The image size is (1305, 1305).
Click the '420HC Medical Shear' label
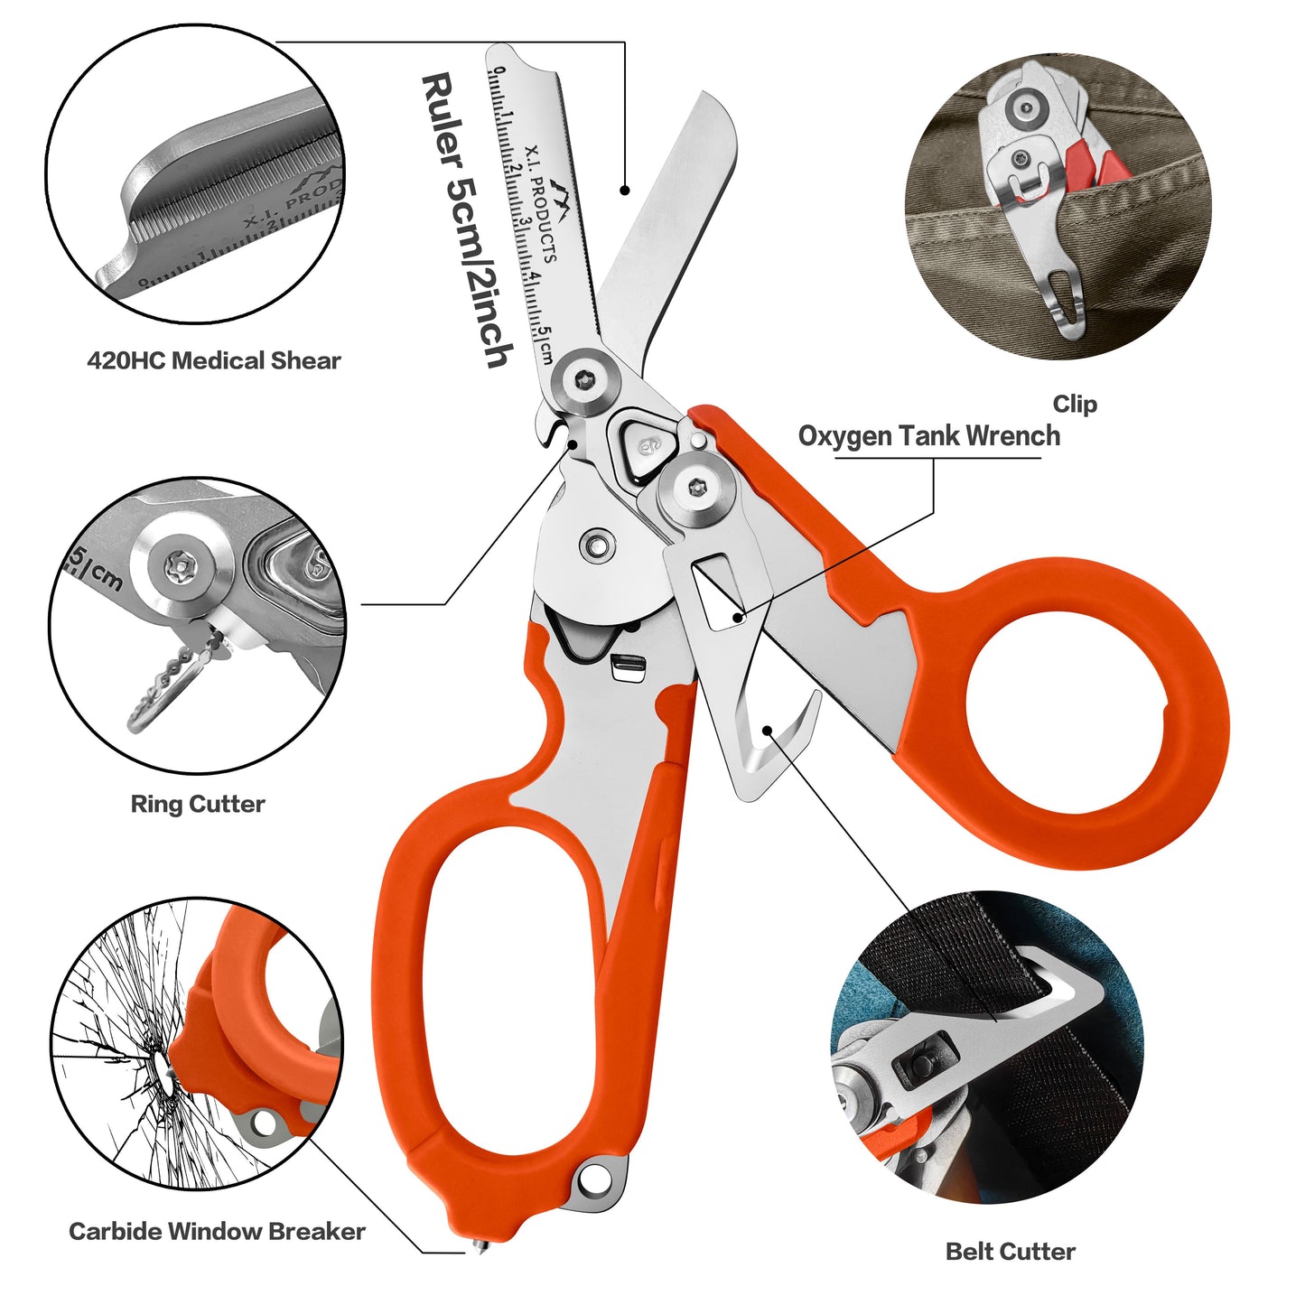tap(213, 360)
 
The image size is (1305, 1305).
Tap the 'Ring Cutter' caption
tap(198, 804)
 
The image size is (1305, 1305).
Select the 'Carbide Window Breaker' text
tap(217, 1231)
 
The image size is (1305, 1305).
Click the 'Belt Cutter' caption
tap(1010, 1251)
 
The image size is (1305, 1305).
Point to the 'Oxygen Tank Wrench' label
tap(928, 436)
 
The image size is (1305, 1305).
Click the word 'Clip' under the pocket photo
tap(1074, 404)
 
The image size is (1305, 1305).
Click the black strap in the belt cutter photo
tap(975, 957)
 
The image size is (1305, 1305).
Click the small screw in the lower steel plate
tap(596, 545)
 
